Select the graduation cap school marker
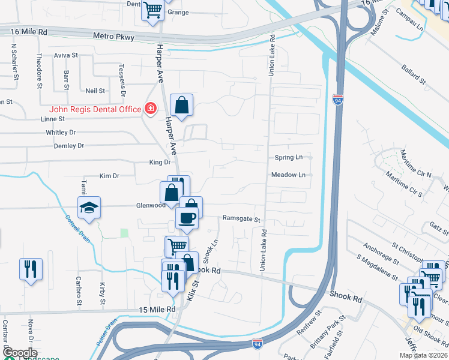pos(89,208)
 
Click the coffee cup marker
pos(187,217)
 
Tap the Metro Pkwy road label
pos(114,37)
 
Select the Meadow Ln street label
pos(289,175)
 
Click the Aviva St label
pos(66,55)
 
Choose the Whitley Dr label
pos(61,133)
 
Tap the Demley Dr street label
pos(68,146)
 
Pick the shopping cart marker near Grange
pos(152,10)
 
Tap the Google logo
pos(20,353)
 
